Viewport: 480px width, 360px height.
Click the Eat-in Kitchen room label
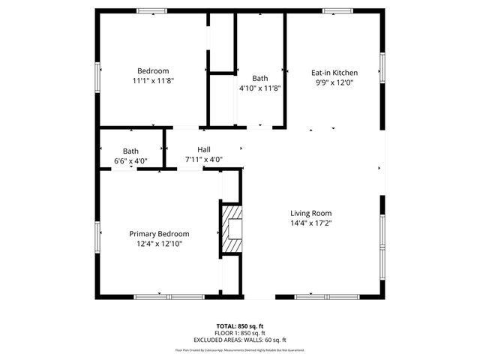pos(334,73)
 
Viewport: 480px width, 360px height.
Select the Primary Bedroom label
pos(159,234)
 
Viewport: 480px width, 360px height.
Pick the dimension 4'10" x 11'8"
pos(259,88)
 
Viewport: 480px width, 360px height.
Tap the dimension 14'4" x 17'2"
pos(310,223)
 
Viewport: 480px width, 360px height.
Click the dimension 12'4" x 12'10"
pos(159,244)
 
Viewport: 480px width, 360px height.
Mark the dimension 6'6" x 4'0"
pos(130,160)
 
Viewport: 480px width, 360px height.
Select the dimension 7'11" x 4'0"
pos(204,160)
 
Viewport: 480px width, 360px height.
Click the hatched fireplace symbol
pos(231,230)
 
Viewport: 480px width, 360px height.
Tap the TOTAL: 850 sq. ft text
pos(240,326)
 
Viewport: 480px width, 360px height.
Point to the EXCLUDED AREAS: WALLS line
pos(240,340)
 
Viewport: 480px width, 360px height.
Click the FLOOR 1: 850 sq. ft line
pos(240,333)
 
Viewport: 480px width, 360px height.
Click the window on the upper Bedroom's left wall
pos(97,76)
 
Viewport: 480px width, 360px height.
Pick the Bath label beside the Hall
pos(130,151)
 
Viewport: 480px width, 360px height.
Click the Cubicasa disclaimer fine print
pos(240,349)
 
